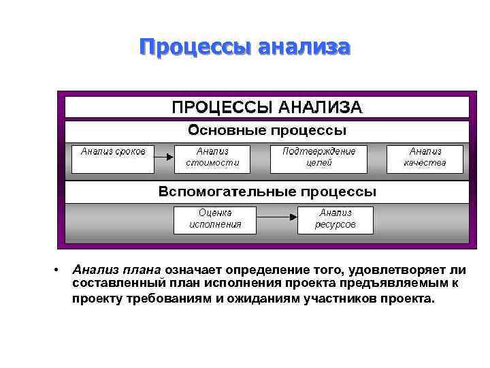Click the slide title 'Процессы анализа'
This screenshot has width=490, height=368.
[244, 47]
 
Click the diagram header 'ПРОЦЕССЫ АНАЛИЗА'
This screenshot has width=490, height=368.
[266, 107]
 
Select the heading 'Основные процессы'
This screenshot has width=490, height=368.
[267, 129]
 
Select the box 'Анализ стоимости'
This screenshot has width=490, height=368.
[212, 157]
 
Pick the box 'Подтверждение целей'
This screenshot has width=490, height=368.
[318, 157]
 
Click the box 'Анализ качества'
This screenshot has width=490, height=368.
[425, 157]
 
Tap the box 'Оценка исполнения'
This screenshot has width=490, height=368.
[215, 219]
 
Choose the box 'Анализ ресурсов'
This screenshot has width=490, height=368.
[335, 219]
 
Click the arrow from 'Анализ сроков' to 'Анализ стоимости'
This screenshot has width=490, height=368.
[164, 157]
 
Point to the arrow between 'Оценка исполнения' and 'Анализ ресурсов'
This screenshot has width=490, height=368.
[277, 219]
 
